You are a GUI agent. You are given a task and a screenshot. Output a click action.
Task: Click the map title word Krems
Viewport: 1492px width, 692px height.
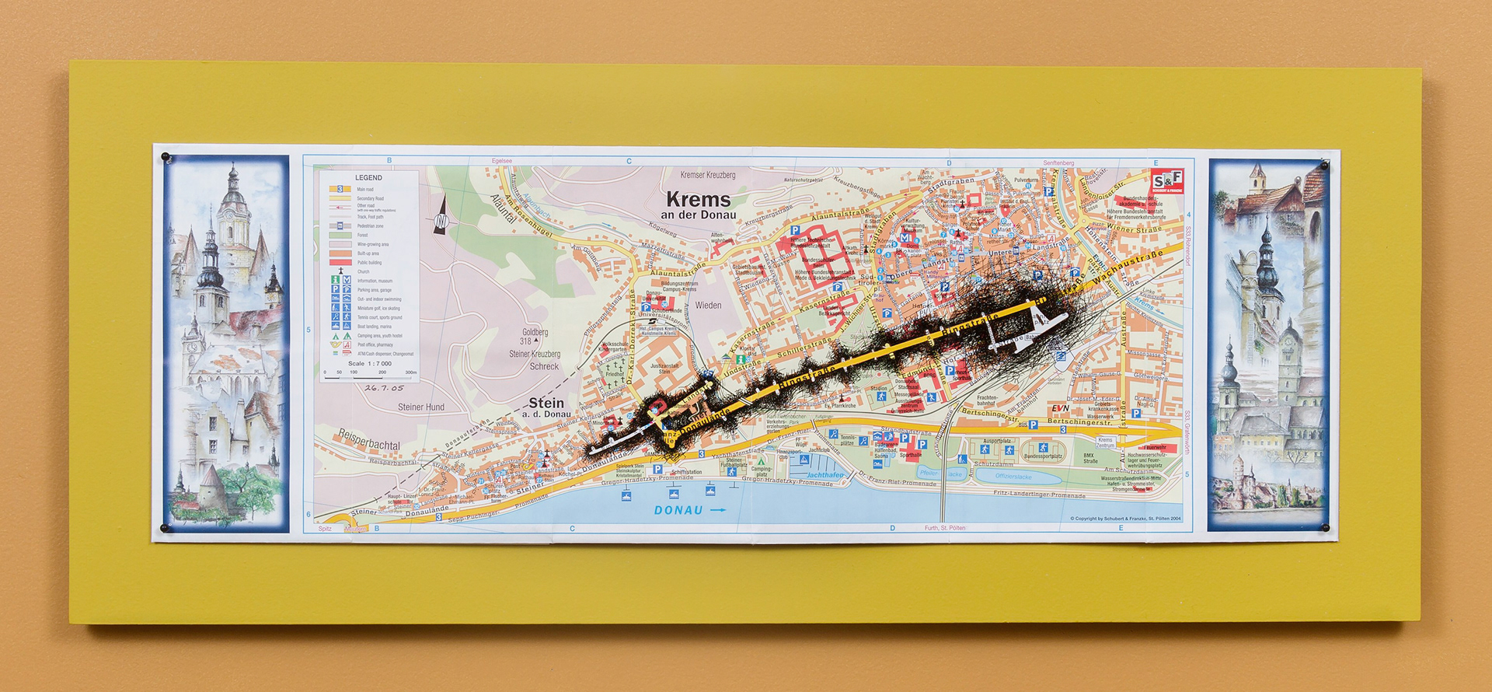(x=698, y=199)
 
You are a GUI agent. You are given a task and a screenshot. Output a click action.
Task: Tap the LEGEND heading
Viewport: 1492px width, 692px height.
(x=368, y=178)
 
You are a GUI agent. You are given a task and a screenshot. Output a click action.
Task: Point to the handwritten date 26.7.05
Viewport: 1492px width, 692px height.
(x=384, y=387)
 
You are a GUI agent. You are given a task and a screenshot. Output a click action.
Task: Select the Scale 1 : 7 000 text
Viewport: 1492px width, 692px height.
(x=369, y=363)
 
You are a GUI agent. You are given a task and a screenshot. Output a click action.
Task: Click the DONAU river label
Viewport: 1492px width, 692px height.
(x=678, y=511)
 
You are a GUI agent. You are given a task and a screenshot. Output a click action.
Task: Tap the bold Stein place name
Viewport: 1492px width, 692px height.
(x=546, y=403)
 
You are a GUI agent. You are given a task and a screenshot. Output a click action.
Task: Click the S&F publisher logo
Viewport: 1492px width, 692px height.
(x=1167, y=180)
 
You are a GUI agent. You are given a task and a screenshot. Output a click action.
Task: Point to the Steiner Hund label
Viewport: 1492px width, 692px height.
(x=421, y=407)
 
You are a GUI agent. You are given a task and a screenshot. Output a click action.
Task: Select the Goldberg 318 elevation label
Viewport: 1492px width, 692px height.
(x=534, y=336)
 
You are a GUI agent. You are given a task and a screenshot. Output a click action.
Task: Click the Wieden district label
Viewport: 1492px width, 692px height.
(x=708, y=306)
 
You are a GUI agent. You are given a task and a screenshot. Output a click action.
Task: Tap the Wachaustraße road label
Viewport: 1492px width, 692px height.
(x=1127, y=267)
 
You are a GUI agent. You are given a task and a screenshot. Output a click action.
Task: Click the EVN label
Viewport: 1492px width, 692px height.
(x=1060, y=408)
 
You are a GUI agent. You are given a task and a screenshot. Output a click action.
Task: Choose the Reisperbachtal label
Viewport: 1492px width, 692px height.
(x=368, y=440)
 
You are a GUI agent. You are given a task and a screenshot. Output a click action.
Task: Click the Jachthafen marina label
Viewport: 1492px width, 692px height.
(x=824, y=474)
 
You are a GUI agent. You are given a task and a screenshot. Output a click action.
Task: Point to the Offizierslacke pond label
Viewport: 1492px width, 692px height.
(x=1013, y=477)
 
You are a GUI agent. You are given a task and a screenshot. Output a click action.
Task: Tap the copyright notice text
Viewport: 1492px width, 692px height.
(x=1124, y=519)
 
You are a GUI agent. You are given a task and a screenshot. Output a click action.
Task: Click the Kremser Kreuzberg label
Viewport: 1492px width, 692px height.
(x=707, y=175)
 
